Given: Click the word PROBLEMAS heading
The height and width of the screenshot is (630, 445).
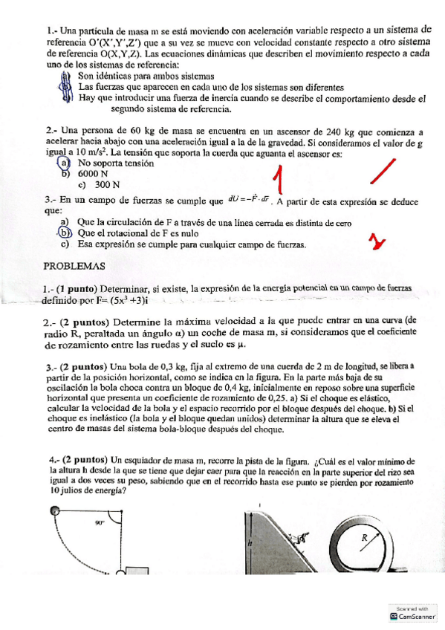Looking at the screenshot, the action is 74,265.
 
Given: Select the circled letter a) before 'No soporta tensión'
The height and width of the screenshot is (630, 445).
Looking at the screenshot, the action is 65,163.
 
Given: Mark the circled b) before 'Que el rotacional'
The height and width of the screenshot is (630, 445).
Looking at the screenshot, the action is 65,233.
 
